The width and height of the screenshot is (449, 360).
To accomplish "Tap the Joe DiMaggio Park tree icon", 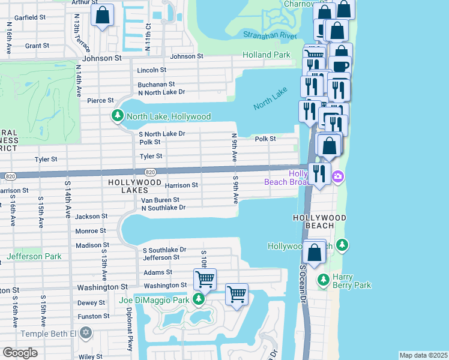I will click(199, 299).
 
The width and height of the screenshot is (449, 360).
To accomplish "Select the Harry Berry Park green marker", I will click(323, 280).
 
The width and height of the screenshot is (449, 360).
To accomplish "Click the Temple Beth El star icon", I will click(86, 332).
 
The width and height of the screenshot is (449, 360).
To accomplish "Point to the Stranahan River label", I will click(270, 36).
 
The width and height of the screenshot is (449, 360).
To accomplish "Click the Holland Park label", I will click(267, 55).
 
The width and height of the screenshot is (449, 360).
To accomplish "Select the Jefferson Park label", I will click(34, 256).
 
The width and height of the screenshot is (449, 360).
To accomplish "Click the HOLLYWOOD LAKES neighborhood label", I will click(134, 186).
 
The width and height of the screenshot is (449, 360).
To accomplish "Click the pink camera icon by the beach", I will click(339, 176).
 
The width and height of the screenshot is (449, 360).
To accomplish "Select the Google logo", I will click(20, 352).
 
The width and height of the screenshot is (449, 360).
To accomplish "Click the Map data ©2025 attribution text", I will click(423, 355).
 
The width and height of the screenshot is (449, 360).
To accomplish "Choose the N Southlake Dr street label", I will click(163, 208).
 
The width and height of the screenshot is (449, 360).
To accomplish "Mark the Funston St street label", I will click(94, 316).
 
